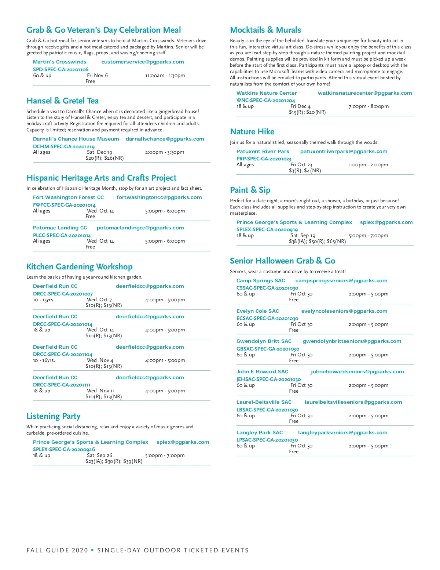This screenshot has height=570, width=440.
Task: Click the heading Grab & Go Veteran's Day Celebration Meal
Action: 103,30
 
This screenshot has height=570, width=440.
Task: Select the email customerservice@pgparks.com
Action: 143,62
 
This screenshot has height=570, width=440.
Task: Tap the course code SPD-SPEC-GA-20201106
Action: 60,69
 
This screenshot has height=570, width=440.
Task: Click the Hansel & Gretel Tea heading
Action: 62,101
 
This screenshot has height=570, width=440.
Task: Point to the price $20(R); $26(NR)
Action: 104,158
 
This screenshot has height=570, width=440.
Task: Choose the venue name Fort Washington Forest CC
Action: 68,197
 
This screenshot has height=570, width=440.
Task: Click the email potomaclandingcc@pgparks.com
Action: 140,228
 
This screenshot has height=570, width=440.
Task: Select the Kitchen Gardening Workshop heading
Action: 79,267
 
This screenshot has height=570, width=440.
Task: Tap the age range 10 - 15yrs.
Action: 44,300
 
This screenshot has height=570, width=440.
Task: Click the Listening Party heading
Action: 53,416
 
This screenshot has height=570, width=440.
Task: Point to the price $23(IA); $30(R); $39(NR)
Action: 114,461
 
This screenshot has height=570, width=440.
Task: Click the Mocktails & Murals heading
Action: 265,30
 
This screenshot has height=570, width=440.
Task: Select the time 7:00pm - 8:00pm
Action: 368,106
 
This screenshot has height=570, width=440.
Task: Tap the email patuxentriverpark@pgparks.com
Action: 344,152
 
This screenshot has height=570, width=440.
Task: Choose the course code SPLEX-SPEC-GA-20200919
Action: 267,230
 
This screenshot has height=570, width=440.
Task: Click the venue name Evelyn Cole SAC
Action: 257,311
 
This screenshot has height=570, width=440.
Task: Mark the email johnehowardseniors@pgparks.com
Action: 357,372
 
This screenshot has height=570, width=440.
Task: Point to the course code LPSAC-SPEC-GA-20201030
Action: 267,440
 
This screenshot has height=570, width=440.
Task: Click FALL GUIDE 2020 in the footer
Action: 57,550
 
